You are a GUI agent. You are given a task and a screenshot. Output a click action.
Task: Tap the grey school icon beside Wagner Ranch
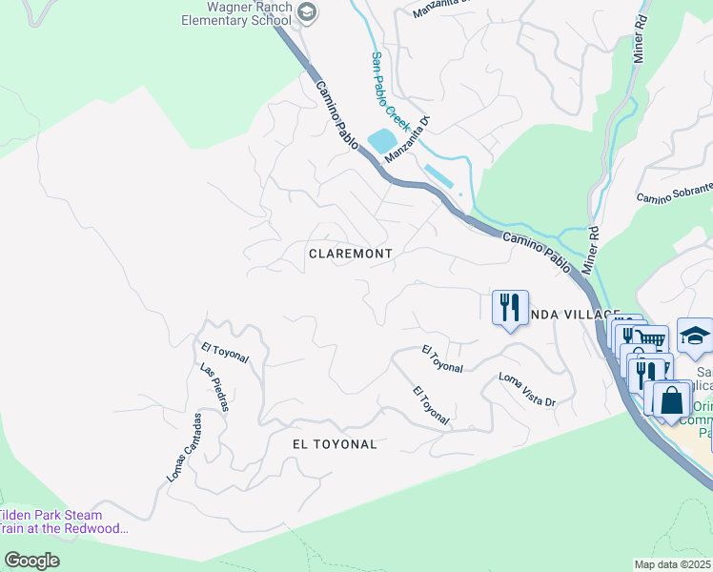point(306,11)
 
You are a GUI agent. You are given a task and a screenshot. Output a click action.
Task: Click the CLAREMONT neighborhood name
point(350,254)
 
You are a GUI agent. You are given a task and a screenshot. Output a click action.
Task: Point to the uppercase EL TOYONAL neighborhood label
point(335,444)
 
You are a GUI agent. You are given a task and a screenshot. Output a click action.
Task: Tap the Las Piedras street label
point(214,387)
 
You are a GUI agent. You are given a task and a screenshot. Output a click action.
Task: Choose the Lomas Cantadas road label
point(185,447)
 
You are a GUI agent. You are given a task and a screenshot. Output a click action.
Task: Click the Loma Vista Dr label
point(527,390)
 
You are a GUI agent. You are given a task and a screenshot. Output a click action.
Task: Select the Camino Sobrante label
point(675,194)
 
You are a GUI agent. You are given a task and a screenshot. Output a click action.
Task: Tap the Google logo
point(31,560)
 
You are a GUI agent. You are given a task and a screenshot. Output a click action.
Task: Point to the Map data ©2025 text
point(673,564)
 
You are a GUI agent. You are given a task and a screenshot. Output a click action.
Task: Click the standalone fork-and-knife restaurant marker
point(509,308)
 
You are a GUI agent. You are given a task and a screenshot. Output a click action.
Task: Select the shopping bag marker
point(671,400)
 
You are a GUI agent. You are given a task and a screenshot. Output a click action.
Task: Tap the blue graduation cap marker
point(695,336)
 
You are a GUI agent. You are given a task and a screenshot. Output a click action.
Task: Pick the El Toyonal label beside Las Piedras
point(225,353)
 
